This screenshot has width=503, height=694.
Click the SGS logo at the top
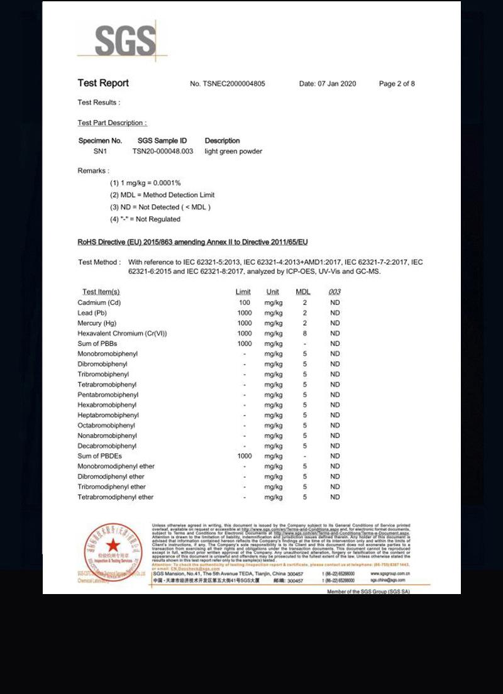click(125, 41)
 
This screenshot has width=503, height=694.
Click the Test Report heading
click(103, 83)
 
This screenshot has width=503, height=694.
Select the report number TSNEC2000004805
click(234, 84)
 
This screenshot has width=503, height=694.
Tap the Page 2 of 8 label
click(397, 84)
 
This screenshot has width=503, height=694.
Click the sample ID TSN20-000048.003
click(163, 151)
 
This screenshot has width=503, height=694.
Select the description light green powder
click(233, 151)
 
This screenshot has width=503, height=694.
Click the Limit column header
click(243, 292)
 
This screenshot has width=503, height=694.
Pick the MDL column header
click(303, 292)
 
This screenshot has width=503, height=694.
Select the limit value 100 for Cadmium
click(245, 302)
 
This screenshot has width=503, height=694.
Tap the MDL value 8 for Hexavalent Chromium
click(305, 333)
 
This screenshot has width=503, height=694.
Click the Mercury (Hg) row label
click(97, 323)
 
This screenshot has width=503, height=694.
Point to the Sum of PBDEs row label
click(99, 456)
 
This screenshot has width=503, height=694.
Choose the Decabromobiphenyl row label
click(107, 446)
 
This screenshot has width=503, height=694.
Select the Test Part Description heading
click(112, 123)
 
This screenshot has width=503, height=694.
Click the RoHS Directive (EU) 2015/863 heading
click(192, 242)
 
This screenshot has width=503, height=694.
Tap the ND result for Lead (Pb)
click(334, 312)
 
